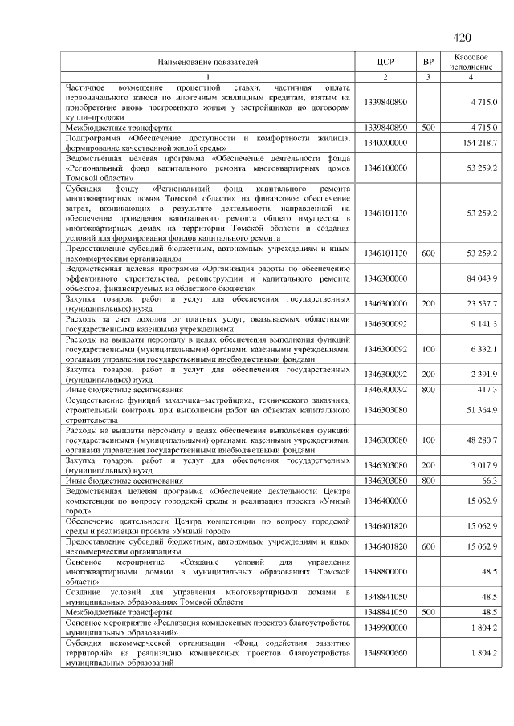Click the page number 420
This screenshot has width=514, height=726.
click(462, 38)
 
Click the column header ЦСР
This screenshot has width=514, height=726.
click(385, 61)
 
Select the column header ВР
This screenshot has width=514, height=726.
click(428, 61)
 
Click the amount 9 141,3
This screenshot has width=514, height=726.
click(484, 323)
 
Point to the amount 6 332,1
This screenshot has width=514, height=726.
click(484, 349)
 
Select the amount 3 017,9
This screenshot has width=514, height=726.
click(484, 465)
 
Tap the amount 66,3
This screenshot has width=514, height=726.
click(491, 480)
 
